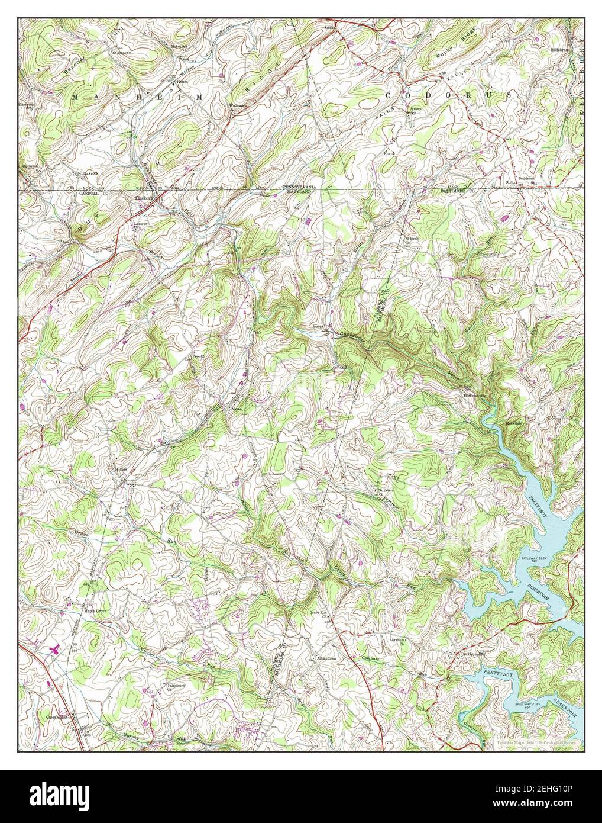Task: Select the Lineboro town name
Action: coord(145,198)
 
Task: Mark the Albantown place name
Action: coord(326,658)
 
